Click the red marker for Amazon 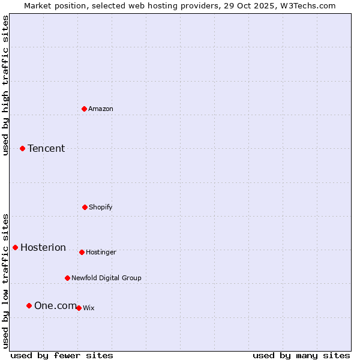click(x=85, y=109)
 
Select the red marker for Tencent click(x=22, y=148)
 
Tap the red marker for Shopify click(x=85, y=207)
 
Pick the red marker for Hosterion click(x=15, y=247)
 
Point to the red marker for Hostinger click(x=82, y=252)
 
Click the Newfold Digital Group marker click(x=67, y=278)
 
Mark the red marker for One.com click(x=29, y=305)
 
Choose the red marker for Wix click(x=79, y=308)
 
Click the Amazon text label click(x=101, y=109)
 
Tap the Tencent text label click(x=46, y=148)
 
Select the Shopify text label click(x=101, y=207)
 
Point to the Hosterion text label click(x=43, y=247)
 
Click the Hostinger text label click(x=101, y=252)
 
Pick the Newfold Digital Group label click(x=106, y=278)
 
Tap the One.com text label click(x=55, y=305)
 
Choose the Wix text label click(x=89, y=308)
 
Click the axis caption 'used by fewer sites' click(x=62, y=355)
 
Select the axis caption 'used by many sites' click(x=301, y=355)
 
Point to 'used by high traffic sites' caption click(x=5, y=85)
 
